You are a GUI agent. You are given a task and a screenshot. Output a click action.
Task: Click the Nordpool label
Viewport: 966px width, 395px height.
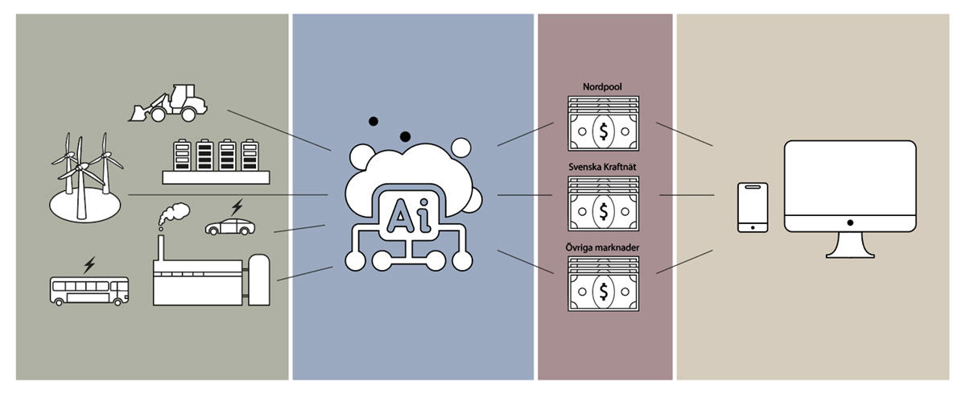click(602, 87)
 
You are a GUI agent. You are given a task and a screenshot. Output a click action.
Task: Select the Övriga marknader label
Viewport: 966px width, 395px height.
click(602, 246)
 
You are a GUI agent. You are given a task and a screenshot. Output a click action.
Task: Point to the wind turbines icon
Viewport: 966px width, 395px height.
click(83, 176)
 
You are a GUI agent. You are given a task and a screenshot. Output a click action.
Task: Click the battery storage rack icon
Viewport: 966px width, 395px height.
click(204, 160)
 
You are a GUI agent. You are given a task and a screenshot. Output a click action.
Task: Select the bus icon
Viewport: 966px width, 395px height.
click(89, 290)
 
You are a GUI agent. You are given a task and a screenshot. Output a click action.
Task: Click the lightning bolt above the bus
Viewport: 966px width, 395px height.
click(89, 264)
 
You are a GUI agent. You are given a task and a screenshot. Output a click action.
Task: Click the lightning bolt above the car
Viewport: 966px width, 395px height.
click(236, 206)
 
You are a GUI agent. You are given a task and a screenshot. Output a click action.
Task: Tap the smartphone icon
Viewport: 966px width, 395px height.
click(753, 207)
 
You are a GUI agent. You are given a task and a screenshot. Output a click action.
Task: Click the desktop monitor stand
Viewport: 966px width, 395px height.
click(850, 243)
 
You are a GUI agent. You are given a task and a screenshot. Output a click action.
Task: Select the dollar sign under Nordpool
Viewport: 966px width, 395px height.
click(602, 130)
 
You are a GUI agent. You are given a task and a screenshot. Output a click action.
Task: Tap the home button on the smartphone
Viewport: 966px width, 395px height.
click(753, 227)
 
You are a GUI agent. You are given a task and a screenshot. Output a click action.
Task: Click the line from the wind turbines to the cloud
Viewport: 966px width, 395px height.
click(225, 195)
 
